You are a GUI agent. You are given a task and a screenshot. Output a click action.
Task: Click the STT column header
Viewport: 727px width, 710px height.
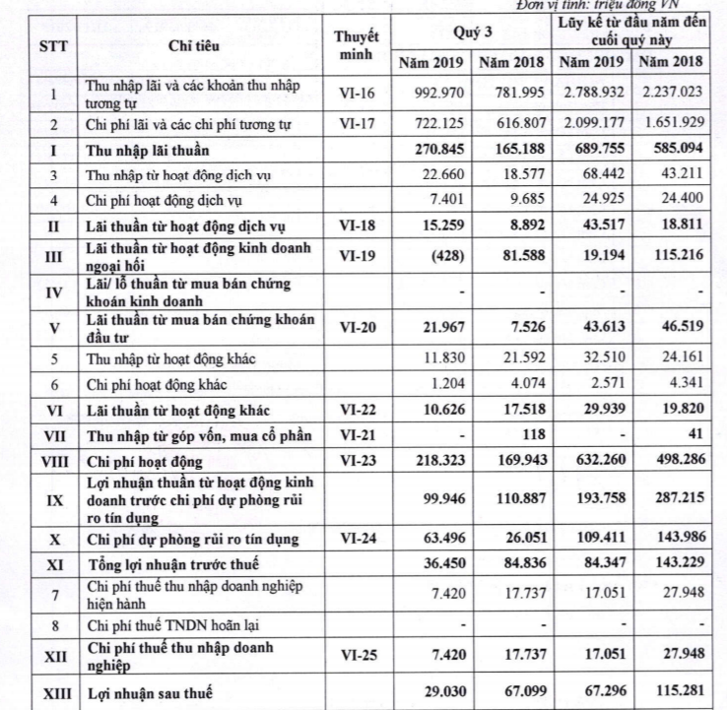click(52, 44)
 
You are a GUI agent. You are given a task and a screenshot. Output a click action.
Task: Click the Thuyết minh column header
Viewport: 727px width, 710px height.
click(357, 44)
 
